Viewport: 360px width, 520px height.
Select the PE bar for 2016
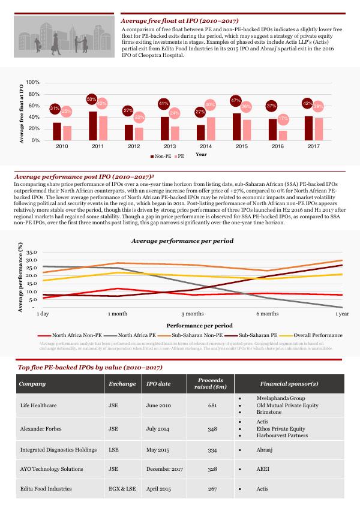pyautogui.click(x=283, y=136)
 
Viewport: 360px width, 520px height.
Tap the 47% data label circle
pyautogui.click(x=236, y=101)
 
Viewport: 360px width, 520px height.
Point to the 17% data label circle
pyautogui.click(x=283, y=119)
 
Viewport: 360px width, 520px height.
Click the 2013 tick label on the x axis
pyautogui.click(x=170, y=146)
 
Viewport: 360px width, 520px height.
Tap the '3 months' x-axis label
pyautogui.click(x=193, y=314)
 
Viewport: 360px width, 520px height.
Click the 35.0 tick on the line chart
pyautogui.click(x=31, y=253)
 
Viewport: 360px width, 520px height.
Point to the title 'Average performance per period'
pyautogui.click(x=182, y=241)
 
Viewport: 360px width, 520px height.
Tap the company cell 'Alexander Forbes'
pyautogui.click(x=39, y=429)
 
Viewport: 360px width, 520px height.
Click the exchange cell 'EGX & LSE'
pyautogui.click(x=122, y=489)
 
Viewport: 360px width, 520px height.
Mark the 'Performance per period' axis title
pyautogui.click(x=191, y=324)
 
